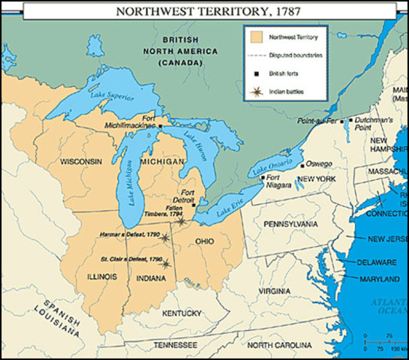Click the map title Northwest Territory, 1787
[204, 11]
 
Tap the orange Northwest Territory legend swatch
[257, 36]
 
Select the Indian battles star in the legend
[256, 91]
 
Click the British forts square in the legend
[256, 73]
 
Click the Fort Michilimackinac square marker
[159, 126]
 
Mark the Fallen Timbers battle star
[180, 221]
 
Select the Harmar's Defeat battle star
[165, 238]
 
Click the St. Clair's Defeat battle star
[166, 263]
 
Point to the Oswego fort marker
[302, 165]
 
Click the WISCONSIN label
[83, 162]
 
